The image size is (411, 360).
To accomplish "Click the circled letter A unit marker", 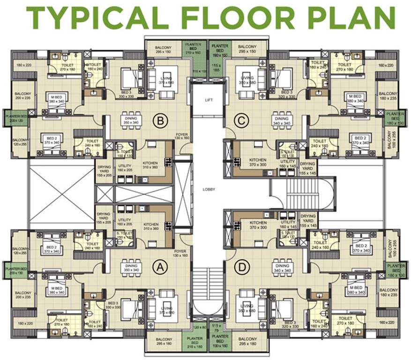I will coord(160,267).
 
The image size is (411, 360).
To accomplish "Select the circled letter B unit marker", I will coord(160,121).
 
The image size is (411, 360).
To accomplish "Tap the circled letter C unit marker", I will coord(241,121).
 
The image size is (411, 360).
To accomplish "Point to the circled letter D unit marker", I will coord(241,267).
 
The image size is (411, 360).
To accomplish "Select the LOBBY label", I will coord(209,189).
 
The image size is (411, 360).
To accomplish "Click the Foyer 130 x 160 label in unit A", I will coord(180,253).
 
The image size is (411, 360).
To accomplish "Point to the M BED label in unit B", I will coord(56,99).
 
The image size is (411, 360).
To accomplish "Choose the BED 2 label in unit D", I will coord(360,248).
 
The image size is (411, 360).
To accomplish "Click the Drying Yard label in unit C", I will coord(308,167).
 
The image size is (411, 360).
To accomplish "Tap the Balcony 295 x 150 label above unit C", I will coord(247,49).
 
